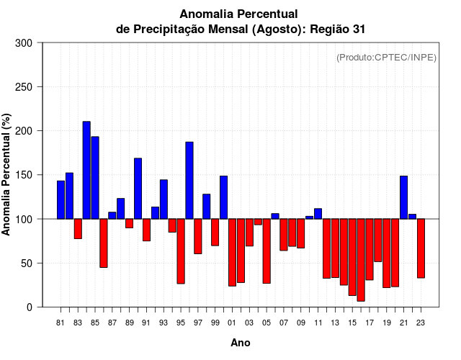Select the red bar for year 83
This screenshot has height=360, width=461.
coord(78,228)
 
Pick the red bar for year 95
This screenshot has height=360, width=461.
coord(181,251)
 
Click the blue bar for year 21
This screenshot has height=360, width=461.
coord(404,197)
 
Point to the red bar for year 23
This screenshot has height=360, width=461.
coord(421,248)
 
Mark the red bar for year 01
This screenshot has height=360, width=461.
coord(232,253)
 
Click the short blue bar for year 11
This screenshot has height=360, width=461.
coord(318,214)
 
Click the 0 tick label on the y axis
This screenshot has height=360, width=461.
coord(30,307)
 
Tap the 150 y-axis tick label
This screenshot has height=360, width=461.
coord(24,175)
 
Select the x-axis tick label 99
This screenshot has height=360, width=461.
coord(215,323)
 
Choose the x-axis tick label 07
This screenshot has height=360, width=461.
coord(284,323)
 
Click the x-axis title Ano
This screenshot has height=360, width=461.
coord(240,343)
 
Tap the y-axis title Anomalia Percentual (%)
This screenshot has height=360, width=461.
coord(7,174)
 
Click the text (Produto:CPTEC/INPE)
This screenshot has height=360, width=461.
coord(386,58)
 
